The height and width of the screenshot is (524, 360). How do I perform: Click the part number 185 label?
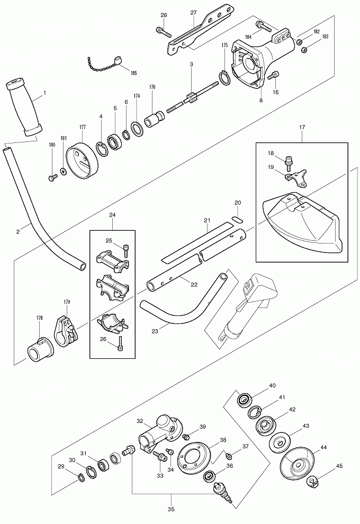(x=133, y=73)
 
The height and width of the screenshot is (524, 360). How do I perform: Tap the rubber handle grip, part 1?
(x=24, y=106)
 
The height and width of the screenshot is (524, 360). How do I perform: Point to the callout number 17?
(x=302, y=128)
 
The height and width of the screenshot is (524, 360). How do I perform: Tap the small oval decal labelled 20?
(x=237, y=218)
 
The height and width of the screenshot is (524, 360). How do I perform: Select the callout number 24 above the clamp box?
(x=112, y=215)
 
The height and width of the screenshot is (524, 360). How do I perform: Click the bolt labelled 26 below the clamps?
(x=120, y=346)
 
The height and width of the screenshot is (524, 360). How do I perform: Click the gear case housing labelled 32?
(x=160, y=433)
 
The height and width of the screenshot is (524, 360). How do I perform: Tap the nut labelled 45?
(x=312, y=481)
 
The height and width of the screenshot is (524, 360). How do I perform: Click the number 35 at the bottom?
(x=171, y=509)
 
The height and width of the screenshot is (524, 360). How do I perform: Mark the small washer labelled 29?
(x=82, y=478)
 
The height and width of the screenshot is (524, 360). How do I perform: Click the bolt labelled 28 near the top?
(x=163, y=31)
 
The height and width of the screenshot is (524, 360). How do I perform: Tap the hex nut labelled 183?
(x=304, y=50)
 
